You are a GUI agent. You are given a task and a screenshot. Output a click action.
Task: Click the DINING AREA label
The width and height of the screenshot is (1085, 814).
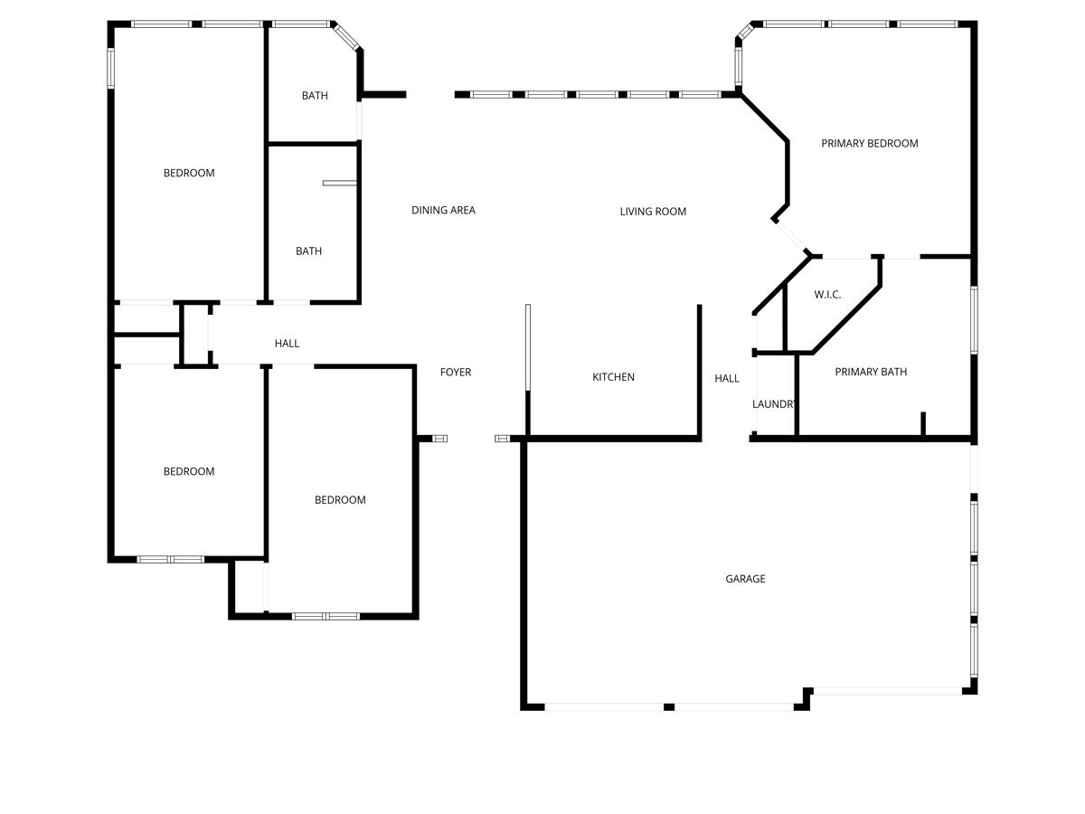click(x=443, y=211)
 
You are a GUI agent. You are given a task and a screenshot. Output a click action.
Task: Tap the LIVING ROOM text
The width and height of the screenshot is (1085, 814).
click(x=653, y=212)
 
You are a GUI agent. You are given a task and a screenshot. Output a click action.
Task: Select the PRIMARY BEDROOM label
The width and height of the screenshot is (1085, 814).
click(x=869, y=143)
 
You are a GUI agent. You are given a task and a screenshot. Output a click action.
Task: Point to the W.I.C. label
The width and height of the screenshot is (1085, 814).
click(x=827, y=295)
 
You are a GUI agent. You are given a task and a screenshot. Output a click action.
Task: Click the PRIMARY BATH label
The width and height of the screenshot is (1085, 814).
click(x=871, y=372)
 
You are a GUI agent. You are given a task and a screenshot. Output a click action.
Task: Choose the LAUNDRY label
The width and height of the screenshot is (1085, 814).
click(x=774, y=404)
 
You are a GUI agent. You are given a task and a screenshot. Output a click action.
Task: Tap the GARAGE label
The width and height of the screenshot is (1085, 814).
click(x=745, y=579)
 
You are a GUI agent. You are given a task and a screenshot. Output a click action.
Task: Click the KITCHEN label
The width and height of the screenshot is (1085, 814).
click(x=613, y=377)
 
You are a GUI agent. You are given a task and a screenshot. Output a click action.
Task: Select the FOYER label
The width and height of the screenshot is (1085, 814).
click(x=456, y=373)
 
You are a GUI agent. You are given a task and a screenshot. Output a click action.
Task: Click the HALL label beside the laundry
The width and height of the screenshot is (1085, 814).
click(x=727, y=379)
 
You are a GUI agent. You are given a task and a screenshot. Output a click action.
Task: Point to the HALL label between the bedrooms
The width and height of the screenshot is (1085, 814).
click(x=287, y=344)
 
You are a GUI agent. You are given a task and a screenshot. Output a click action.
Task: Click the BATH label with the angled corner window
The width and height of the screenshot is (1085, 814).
click(x=315, y=96)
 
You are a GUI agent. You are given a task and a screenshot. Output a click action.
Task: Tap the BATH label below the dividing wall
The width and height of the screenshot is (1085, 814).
click(x=308, y=251)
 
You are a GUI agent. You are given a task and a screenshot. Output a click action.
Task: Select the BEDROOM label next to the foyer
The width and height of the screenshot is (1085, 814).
click(x=340, y=500)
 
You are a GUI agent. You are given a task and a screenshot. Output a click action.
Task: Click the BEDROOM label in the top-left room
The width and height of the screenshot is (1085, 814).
click(x=189, y=173)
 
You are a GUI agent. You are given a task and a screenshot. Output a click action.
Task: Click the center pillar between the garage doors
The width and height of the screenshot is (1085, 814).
click(x=669, y=706)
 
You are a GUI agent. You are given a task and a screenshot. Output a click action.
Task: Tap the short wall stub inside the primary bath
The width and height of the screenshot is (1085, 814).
click(x=923, y=424)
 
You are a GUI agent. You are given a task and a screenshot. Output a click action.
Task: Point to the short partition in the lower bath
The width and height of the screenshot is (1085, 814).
click(x=340, y=183)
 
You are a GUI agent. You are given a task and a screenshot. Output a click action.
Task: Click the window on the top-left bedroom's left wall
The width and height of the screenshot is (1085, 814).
click(x=111, y=68)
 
